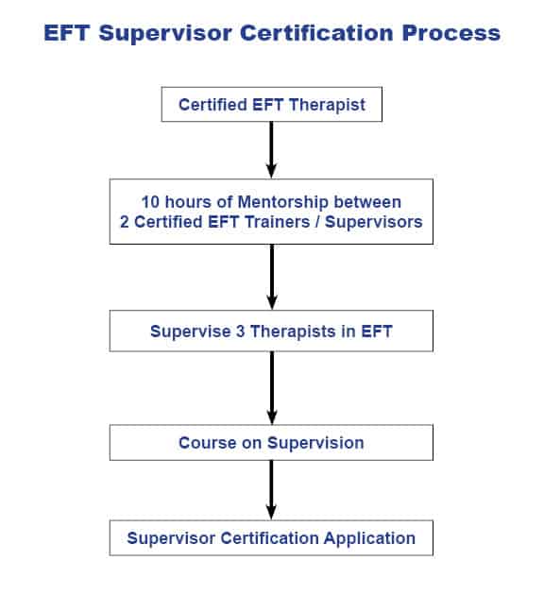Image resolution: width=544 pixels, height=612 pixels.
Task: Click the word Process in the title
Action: pyautogui.click(x=451, y=33)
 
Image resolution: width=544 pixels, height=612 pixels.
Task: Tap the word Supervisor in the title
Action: pyautogui.click(x=165, y=34)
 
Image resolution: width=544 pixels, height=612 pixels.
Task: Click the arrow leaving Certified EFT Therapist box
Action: pyautogui.click(x=272, y=150)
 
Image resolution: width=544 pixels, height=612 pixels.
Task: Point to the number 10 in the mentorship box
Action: pyautogui.click(x=150, y=202)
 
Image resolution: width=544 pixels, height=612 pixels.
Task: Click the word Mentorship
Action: pyautogui.click(x=283, y=202)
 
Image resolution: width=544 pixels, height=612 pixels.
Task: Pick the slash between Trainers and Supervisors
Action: pyautogui.click(x=317, y=222)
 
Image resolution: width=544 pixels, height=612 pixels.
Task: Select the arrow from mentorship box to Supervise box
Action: pyautogui.click(x=272, y=277)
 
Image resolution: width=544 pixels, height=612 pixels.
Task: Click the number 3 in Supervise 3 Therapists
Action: pyautogui.click(x=240, y=331)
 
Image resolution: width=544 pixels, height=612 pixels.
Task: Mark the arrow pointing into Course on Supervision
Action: pyautogui.click(x=272, y=388)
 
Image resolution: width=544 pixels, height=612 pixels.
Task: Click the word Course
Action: pyautogui.click(x=207, y=443)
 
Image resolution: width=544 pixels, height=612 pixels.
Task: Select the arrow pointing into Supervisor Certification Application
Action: pyautogui.click(x=272, y=490)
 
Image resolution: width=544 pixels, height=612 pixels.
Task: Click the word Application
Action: pyautogui.click(x=369, y=538)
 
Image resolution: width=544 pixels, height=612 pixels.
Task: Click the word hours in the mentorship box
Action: pyautogui.click(x=188, y=202)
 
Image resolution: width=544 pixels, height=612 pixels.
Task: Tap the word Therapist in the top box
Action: pyautogui.click(x=327, y=105)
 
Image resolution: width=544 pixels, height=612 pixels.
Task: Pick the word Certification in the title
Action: pyautogui.click(x=316, y=33)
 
